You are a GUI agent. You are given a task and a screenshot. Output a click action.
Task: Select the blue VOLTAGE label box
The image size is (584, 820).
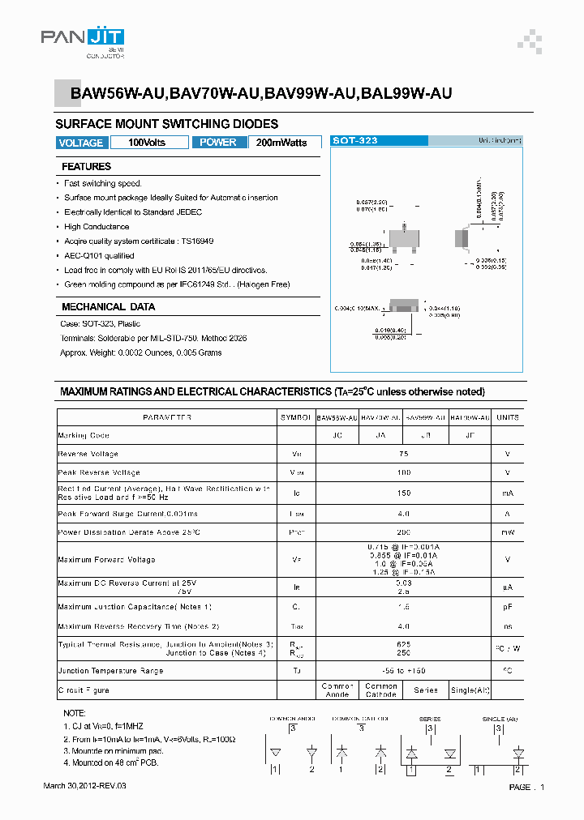pos(81,143)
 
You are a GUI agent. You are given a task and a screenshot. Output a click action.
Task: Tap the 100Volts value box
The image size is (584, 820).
pos(147,143)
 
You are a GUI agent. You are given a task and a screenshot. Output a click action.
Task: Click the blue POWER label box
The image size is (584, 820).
pos(218,143)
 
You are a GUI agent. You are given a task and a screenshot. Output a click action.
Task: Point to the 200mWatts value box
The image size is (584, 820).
pos(281,143)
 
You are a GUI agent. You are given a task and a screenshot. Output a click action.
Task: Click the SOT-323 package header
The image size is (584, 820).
pos(355,141)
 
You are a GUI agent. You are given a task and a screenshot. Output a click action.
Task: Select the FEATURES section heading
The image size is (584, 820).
pos(87,167)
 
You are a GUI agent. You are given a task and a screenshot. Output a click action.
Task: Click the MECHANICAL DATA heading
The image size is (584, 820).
pos(108,307)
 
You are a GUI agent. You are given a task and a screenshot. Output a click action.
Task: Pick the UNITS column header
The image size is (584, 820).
pos(508,417)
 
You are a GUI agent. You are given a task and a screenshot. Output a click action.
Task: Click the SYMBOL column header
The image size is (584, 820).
pos(295,417)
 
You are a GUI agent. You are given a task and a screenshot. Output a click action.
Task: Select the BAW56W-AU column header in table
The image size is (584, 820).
pos(337,417)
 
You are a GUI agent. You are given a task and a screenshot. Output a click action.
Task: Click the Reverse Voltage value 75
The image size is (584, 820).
pos(403,454)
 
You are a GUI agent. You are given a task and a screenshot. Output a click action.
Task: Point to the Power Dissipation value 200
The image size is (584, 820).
pos(403,532)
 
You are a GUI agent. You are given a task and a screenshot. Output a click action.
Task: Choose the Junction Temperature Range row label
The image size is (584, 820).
pos(110,671)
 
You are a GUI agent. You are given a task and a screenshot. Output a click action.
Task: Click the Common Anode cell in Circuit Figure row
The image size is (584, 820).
pos(337,690)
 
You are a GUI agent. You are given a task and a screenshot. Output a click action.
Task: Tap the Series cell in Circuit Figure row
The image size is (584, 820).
pos(425,690)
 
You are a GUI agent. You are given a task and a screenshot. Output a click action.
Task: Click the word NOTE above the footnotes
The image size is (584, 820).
pos(74,713)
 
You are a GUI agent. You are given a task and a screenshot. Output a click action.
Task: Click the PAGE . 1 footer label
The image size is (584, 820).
pos(526,788)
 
